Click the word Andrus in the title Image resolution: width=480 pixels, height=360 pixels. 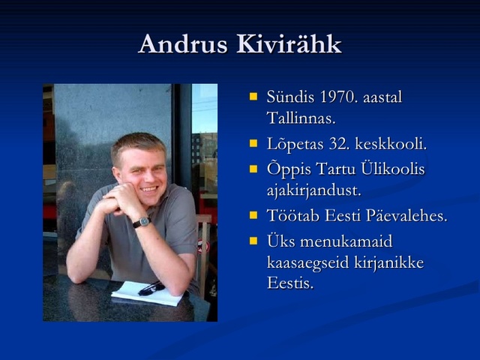click(x=184, y=44)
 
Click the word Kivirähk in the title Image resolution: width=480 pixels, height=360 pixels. click(x=289, y=44)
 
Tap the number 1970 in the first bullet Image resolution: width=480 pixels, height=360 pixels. click(x=335, y=97)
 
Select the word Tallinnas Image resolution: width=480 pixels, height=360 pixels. click(x=301, y=118)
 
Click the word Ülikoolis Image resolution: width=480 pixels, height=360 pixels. click(x=395, y=169)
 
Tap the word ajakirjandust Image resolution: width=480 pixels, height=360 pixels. click(x=313, y=190)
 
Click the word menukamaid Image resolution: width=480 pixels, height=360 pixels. click(x=345, y=241)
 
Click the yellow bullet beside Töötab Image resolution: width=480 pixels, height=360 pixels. click(x=253, y=216)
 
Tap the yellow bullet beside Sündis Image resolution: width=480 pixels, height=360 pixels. click(x=253, y=97)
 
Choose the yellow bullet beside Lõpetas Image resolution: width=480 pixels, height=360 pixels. click(x=253, y=143)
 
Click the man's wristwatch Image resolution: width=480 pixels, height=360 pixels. click(x=142, y=222)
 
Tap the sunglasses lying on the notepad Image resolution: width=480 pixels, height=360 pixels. click(x=151, y=288)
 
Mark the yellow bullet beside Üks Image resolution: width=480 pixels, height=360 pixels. click(x=253, y=241)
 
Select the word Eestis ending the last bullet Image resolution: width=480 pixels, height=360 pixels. click(x=290, y=284)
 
